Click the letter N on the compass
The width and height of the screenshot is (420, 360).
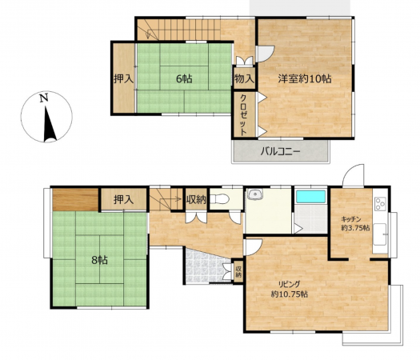click(x=44, y=98)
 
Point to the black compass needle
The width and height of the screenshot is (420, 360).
click(x=50, y=124)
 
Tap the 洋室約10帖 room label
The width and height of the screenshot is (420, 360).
click(x=305, y=78)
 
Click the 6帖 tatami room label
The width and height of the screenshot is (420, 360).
click(x=184, y=78)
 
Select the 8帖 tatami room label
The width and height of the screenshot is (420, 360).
click(x=100, y=260)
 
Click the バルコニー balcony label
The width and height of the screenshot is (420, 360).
click(x=281, y=152)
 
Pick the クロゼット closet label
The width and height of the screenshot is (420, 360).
click(x=243, y=114)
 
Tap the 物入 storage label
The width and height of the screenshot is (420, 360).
click(x=244, y=78)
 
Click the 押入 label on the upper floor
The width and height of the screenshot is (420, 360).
click(x=123, y=78)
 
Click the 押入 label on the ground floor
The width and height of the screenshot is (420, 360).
click(x=123, y=199)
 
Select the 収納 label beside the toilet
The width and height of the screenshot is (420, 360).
click(x=196, y=199)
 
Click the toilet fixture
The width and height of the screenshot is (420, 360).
click(x=219, y=199)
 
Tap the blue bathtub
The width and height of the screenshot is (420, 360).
click(x=310, y=197)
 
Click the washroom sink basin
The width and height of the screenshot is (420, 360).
click(x=254, y=194)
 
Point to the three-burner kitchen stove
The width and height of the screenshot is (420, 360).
click(x=380, y=203)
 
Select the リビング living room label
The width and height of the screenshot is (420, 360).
click(x=290, y=284)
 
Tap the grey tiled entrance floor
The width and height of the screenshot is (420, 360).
click(x=205, y=265)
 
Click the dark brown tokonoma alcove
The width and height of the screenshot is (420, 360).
click(x=75, y=199)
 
